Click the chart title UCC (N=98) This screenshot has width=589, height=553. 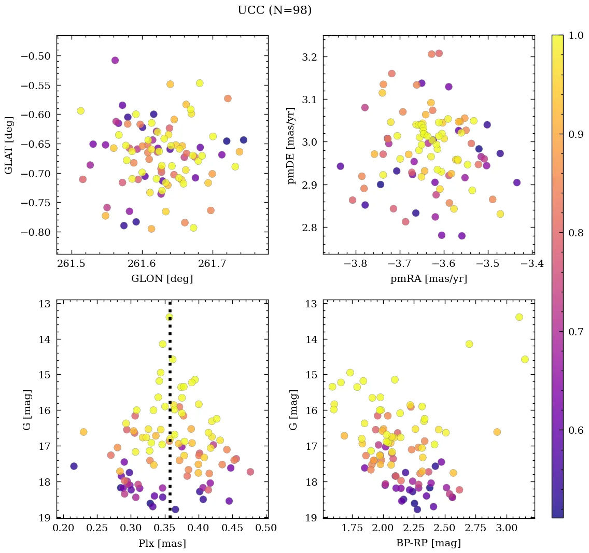pos(274,10)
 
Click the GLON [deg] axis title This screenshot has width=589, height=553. pos(162,279)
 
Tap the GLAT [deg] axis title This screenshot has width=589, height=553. pos(9,145)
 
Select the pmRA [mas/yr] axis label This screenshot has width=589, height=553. pos(428,279)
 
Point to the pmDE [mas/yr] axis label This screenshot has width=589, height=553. pos(292,145)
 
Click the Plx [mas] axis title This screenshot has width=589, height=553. pos(162,543)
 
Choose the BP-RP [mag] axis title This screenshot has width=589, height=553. pos(428,543)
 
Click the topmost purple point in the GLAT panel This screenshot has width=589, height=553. pos(115,61)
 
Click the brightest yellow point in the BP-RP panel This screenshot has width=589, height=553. pos(519,317)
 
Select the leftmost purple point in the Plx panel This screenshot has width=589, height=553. pos(74,466)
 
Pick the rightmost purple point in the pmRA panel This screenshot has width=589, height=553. pos(516,182)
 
